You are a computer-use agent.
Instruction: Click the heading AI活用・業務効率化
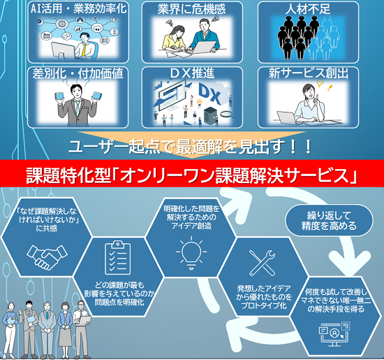[x=79, y=9]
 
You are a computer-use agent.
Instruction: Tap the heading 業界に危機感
[x=191, y=9]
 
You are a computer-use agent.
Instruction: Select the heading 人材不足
[x=308, y=9]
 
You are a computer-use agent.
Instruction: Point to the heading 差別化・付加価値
[x=78, y=73]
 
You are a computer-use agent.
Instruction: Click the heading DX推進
[x=192, y=73]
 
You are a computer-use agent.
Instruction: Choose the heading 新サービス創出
[x=309, y=73]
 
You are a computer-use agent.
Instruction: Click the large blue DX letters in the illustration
[x=209, y=94]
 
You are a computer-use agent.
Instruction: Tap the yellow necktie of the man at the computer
[x=84, y=49]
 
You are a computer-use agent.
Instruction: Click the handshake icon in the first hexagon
[x=47, y=257]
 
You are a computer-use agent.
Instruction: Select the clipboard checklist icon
[x=118, y=258]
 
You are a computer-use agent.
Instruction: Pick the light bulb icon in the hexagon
[x=191, y=253]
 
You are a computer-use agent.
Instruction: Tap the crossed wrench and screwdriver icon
[x=262, y=263]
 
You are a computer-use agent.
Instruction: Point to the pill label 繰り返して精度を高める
[x=329, y=221]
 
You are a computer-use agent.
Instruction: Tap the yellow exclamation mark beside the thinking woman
[x=330, y=87]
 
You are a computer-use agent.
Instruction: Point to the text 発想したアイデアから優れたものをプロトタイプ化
[x=264, y=297]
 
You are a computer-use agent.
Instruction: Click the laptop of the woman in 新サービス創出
[x=286, y=118]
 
